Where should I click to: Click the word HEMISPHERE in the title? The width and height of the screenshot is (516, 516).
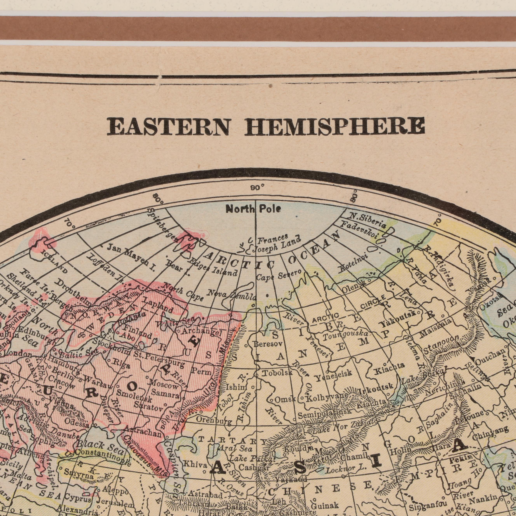click(x=335, y=126)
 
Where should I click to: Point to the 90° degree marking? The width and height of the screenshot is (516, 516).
click(x=257, y=188)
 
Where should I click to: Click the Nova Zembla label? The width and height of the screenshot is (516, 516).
click(x=232, y=295)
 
